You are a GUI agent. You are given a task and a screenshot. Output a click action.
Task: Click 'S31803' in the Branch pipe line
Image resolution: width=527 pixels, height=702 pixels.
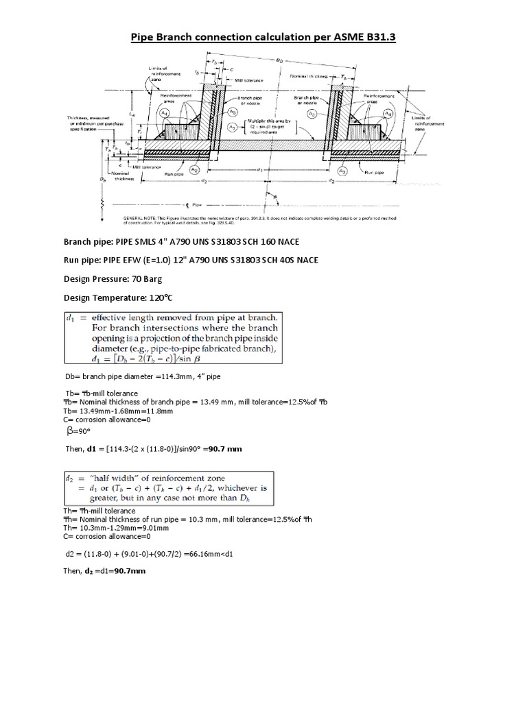coord(245,242)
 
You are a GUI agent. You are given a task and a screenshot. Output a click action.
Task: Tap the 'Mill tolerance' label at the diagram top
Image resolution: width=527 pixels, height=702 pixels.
coord(249,80)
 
